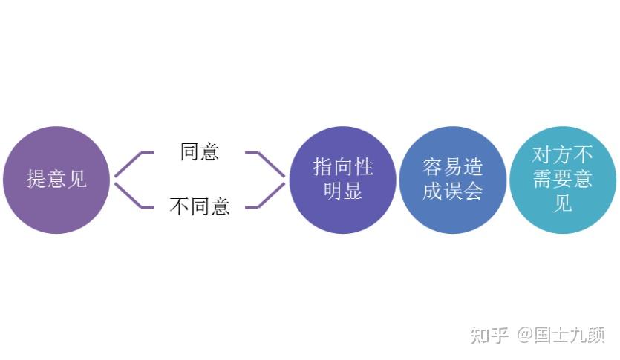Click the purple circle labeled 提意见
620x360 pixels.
pyautogui.click(x=56, y=179)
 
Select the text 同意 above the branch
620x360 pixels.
pyautogui.click(x=200, y=151)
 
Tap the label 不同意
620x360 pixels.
pyautogui.click(x=200, y=206)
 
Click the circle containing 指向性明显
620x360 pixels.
pyautogui.click(x=342, y=179)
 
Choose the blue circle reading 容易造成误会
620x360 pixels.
pyautogui.click(x=452, y=179)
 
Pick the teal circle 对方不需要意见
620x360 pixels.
pyautogui.click(x=562, y=179)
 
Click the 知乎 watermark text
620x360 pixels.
pyautogui.click(x=489, y=335)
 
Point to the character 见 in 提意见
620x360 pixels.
pyautogui.click(x=77, y=179)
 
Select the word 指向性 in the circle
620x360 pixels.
pyautogui.click(x=342, y=166)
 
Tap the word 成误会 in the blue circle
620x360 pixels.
pyautogui.click(x=452, y=192)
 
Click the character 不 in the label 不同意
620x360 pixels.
pyautogui.click(x=180, y=206)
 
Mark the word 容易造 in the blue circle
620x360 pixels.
pyautogui.click(x=452, y=166)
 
